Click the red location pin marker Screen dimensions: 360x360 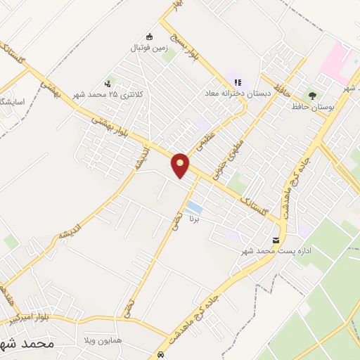tap(181, 165)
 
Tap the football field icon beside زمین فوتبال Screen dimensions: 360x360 tap(149, 37)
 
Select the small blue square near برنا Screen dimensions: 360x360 tap(195, 209)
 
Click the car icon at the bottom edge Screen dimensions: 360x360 tap(162, 354)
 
